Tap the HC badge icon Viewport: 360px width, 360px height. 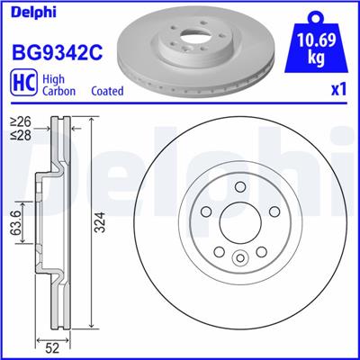(22, 85)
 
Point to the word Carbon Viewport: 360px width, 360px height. (59, 92)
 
